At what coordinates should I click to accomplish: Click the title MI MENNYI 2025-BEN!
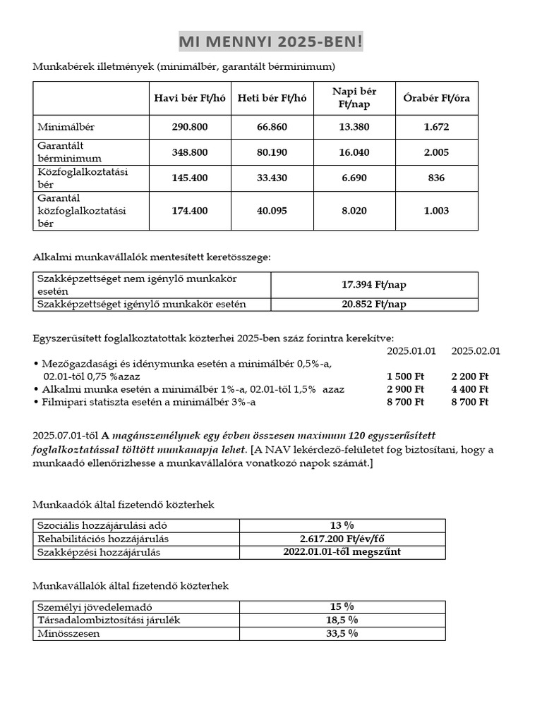(270, 43)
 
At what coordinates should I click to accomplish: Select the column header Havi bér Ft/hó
(190, 98)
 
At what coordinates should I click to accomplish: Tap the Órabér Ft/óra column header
(436, 98)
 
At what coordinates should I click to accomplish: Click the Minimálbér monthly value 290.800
(190, 128)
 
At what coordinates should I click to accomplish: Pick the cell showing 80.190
(272, 152)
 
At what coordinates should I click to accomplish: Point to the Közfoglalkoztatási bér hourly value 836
(436, 178)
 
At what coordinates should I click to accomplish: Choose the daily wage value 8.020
(354, 210)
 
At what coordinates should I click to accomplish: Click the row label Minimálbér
(66, 128)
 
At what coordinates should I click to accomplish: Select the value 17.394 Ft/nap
(374, 285)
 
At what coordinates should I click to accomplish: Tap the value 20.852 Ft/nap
(374, 304)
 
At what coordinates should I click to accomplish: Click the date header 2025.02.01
(476, 350)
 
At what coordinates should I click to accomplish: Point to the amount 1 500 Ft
(406, 377)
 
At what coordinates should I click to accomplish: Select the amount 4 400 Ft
(469, 389)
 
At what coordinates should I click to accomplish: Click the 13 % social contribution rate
(342, 525)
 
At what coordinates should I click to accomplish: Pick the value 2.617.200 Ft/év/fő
(342, 539)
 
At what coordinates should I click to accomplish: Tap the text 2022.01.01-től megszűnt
(342, 551)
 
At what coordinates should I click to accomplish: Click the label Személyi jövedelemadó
(94, 607)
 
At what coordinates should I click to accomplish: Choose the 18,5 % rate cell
(342, 620)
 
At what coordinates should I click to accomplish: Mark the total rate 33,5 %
(342, 633)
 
